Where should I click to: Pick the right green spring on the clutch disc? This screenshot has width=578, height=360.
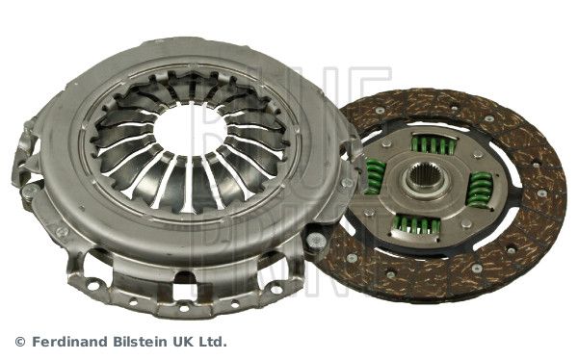tap(479, 190)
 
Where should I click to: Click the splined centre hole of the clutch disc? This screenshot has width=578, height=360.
tap(427, 182)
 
